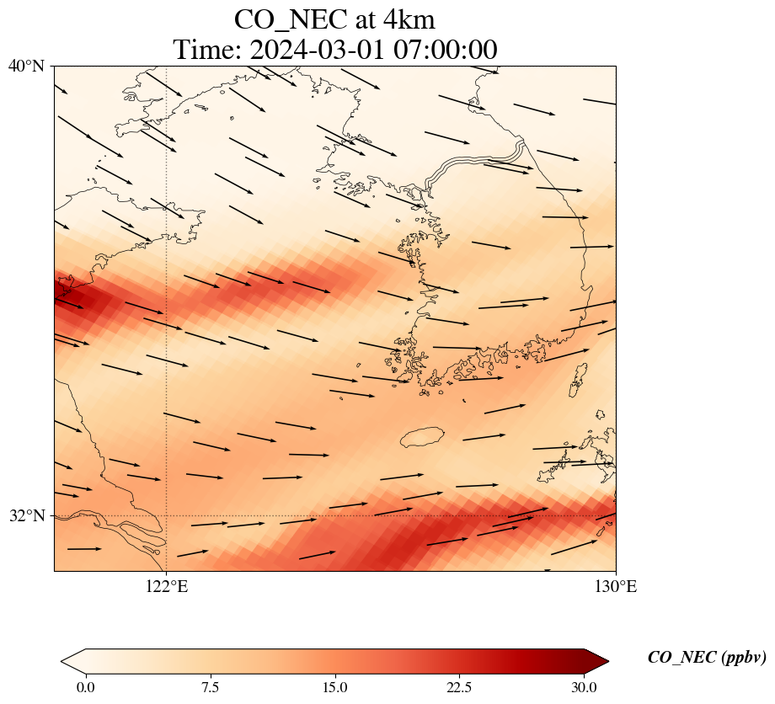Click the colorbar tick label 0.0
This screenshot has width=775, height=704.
tap(85, 687)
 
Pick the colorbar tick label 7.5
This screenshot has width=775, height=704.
tap(210, 687)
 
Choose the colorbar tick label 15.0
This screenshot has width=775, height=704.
tap(334, 687)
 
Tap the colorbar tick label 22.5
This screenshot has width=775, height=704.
tap(459, 687)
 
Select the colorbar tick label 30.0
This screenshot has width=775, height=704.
tap(584, 687)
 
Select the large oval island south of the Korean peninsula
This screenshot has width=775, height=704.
tap(422, 437)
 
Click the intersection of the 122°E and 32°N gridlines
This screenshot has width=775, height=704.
tap(167, 515)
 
